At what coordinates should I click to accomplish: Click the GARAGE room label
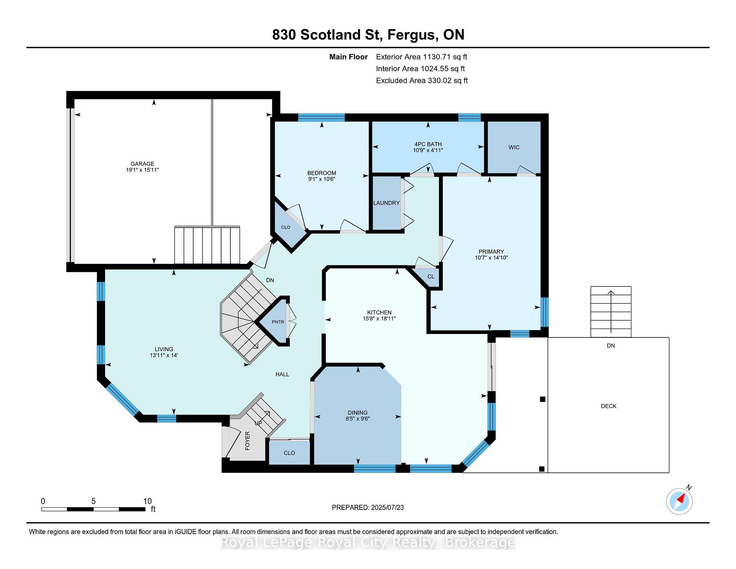142,164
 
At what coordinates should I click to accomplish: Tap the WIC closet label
514,148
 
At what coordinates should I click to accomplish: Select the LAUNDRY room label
386,203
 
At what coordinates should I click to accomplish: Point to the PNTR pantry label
278,322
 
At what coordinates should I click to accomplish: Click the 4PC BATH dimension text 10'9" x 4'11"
428,150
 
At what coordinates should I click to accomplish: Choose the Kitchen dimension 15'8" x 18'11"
379,319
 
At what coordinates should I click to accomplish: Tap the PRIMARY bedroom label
491,252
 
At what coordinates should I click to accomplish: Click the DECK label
609,406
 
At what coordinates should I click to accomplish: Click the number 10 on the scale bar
148,501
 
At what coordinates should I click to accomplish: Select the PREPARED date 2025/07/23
387,508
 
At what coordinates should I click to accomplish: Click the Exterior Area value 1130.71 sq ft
445,57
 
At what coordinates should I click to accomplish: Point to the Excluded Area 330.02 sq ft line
422,81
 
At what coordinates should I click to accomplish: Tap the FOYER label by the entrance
247,441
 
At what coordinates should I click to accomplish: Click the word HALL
282,374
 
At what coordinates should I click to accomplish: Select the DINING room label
358,413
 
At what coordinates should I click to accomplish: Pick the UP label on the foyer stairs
259,423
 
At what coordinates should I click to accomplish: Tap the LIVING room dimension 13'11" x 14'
164,355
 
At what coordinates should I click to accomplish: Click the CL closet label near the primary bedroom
431,276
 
